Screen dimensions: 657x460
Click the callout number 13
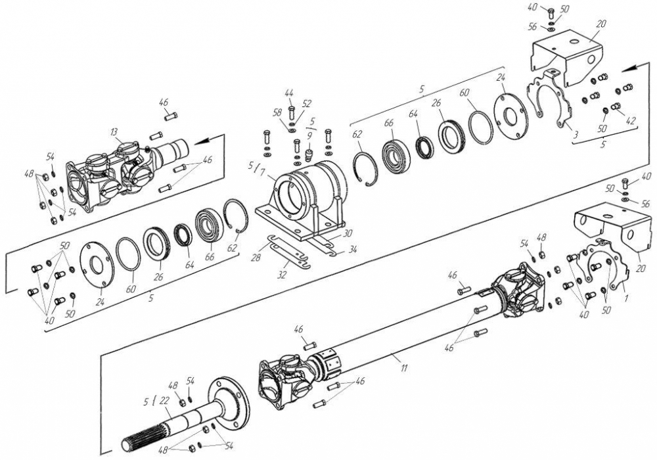coord(114,132)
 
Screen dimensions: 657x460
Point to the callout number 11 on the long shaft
coord(404,368)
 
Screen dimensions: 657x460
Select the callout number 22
coord(164,401)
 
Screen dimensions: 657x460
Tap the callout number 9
coord(309,135)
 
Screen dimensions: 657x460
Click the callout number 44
coord(290,92)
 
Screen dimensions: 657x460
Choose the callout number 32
coord(283,276)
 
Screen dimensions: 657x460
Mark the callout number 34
coord(353,250)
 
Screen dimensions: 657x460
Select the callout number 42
coord(630,121)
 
